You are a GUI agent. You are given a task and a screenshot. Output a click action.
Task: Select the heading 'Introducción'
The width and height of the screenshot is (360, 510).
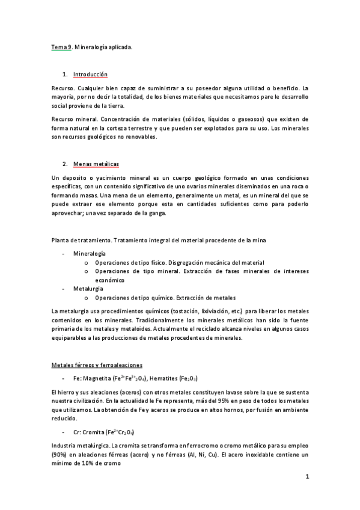[x=90, y=75]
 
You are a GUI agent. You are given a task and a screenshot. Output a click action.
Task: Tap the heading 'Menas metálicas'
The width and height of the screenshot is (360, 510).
[x=96, y=164]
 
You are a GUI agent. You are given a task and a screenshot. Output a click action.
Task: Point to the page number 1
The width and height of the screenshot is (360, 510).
[x=307, y=478]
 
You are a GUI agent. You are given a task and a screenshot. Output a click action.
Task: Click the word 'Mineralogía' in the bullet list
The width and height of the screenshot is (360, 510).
[x=90, y=254]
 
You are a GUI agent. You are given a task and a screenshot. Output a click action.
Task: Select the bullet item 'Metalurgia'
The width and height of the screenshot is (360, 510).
[x=88, y=289]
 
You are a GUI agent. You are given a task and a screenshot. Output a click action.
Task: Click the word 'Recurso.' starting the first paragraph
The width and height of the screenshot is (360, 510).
[x=63, y=88]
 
